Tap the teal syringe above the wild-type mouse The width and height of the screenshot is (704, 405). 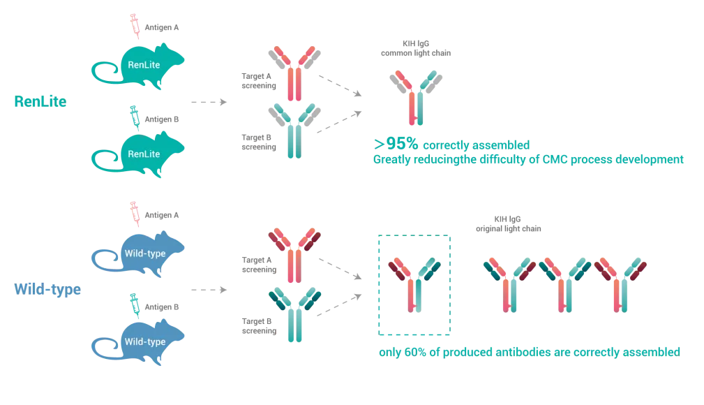(134, 302)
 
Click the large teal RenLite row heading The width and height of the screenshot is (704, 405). (40, 102)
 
